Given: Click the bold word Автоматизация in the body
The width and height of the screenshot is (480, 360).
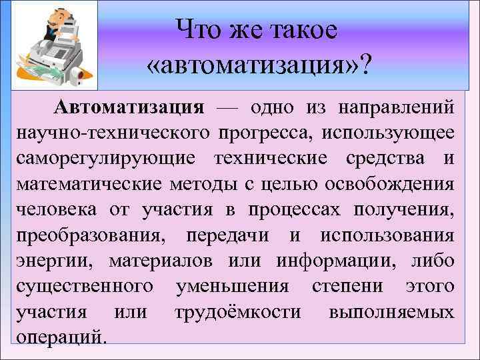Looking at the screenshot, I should coord(129,107).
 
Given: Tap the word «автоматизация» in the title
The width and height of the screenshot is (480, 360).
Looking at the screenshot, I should coord(251,65).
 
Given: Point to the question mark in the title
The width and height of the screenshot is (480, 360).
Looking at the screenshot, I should coord(365,64).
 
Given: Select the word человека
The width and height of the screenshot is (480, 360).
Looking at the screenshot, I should coord(50,210).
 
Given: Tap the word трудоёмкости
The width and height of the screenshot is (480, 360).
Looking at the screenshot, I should coord(237,312).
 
